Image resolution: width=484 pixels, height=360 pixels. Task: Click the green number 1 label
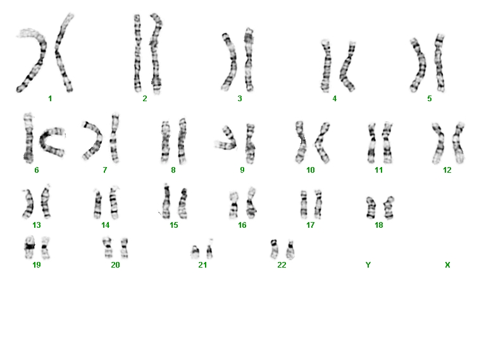click(x=50, y=99)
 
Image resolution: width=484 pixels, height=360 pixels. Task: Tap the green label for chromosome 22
click(x=282, y=265)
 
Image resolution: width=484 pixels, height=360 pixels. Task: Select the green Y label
click(x=368, y=265)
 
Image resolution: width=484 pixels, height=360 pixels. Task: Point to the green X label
click(x=447, y=265)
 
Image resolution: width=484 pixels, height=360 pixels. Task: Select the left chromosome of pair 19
click(x=30, y=247)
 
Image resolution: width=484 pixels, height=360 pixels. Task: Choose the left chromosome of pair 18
click(x=371, y=208)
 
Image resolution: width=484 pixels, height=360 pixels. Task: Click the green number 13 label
click(x=37, y=225)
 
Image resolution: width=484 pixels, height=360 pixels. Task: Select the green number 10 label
click(x=310, y=170)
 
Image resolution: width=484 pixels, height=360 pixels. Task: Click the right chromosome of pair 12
click(x=458, y=142)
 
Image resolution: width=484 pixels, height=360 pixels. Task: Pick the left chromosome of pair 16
click(x=233, y=206)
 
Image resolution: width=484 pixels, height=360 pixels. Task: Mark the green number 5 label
click(x=430, y=99)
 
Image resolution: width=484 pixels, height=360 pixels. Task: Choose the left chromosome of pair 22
click(x=274, y=249)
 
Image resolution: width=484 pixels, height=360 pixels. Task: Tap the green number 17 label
click(x=310, y=225)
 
